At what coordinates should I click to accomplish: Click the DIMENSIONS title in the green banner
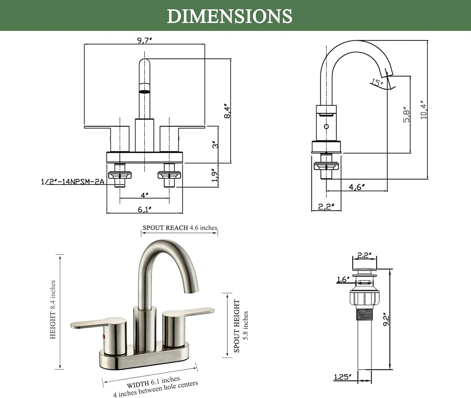tap(229, 16)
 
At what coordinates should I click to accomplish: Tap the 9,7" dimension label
tap(144, 40)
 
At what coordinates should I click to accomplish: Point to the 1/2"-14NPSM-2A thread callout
tap(72, 181)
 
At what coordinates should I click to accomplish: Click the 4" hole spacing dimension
tap(144, 195)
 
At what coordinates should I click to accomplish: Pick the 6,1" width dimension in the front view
tap(144, 209)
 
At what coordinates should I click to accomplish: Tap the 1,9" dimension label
tap(215, 175)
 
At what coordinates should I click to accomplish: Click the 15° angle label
tap(377, 82)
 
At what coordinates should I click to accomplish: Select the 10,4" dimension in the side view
tap(424, 110)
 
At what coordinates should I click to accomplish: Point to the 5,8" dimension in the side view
tap(406, 115)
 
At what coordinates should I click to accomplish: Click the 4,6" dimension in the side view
tap(357, 187)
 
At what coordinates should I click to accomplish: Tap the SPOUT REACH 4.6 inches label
tap(180, 228)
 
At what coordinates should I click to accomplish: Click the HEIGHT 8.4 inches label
tap(52, 310)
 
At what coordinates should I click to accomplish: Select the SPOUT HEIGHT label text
tap(237, 326)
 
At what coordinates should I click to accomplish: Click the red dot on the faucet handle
tap(104, 336)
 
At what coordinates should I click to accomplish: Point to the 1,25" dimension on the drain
tap(343, 377)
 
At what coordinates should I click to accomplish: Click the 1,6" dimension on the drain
tap(343, 279)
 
